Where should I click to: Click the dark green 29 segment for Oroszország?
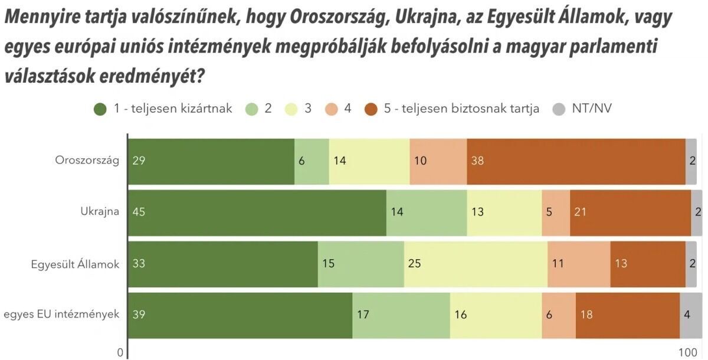pos(211,161)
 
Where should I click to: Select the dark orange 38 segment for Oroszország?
pos(576,161)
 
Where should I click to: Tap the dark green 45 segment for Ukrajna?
pos(257,212)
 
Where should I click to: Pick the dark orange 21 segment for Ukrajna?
pos(630,212)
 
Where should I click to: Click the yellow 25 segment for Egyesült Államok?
pos(476,264)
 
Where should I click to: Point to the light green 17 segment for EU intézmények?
pos(401,315)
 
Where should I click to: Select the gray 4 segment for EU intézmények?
pos(691,315)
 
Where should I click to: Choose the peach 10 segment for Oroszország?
pos(438,161)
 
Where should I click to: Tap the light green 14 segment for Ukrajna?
pos(427,212)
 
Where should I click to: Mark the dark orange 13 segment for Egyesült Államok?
pos(648,264)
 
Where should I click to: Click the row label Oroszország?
pos(87,161)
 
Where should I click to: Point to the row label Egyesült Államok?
pos(75,264)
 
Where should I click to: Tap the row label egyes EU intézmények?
pos(61,315)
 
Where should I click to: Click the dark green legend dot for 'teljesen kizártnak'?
pos(101,109)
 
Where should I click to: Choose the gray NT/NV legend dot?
pos(559,109)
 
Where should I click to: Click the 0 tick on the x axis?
pos(120,352)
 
